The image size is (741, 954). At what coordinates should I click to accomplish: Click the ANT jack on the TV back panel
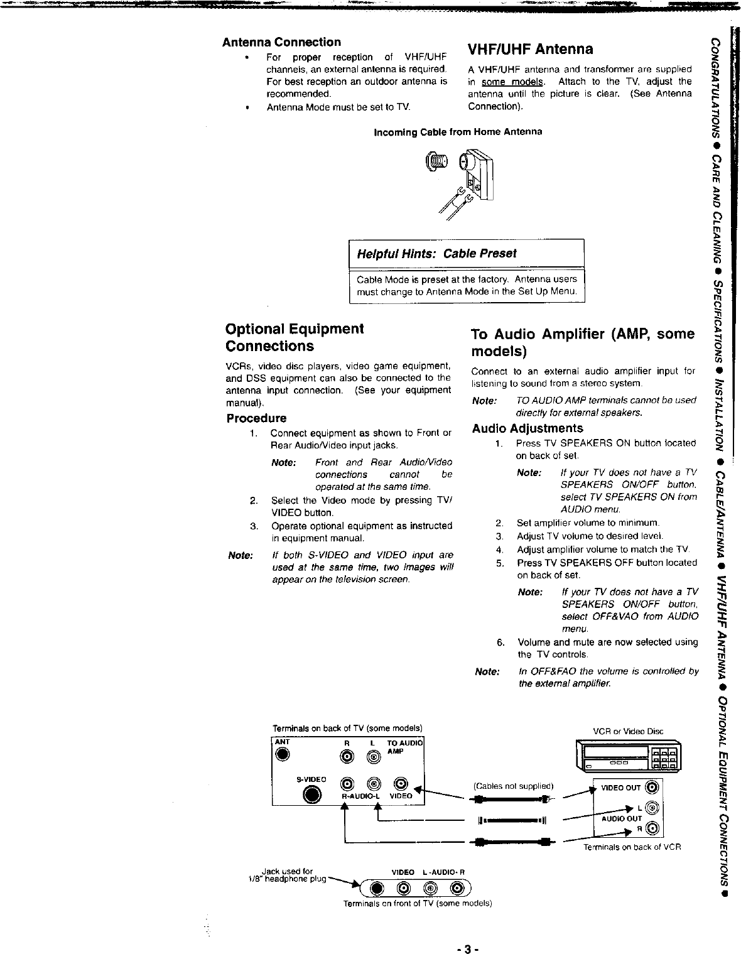[284, 756]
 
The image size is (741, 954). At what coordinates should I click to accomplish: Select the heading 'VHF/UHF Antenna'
[531, 49]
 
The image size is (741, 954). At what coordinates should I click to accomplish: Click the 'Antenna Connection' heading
[282, 42]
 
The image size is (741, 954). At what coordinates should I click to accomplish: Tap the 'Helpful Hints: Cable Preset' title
[436, 254]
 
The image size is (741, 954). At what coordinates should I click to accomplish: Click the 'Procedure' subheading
[256, 418]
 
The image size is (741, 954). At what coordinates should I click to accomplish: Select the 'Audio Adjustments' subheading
[527, 428]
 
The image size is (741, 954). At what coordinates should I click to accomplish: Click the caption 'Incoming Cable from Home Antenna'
[458, 132]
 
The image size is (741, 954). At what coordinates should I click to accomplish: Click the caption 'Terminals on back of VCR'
[632, 847]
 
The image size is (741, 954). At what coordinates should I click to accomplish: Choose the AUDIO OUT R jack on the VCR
[652, 830]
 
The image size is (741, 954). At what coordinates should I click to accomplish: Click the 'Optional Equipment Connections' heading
[295, 337]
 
